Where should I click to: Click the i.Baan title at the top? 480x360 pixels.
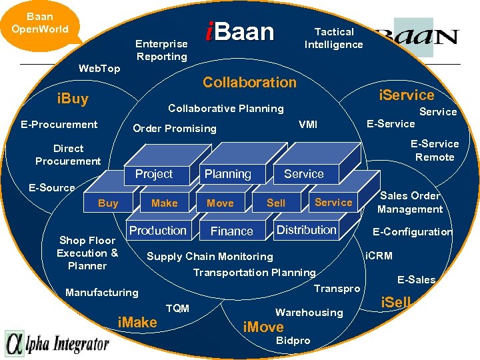239,32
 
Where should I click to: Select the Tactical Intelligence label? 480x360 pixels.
334,38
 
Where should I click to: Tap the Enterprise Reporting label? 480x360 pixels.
161,50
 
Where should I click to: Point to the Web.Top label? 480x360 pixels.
99,69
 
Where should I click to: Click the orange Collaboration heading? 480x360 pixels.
249,83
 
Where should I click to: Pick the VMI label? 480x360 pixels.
308,124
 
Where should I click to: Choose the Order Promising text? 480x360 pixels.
175,129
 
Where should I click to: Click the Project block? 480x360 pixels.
154,174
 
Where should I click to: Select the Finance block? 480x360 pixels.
231,231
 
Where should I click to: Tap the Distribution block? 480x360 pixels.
306,230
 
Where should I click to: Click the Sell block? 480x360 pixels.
276,203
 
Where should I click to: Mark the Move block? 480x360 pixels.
220,203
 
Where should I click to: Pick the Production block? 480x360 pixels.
158,231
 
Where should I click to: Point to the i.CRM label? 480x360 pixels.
379,255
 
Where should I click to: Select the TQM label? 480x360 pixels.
177,308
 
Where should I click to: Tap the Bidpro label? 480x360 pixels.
293,341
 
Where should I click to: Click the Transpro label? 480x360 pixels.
337,289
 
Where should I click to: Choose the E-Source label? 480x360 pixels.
52,188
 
